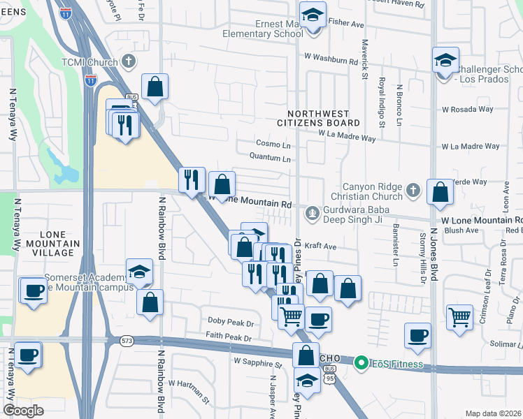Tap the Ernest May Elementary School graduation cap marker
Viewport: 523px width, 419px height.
[x=312, y=15]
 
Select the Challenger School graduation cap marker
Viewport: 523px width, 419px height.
[x=445, y=61]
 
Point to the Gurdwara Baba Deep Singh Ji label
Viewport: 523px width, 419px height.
[x=357, y=212]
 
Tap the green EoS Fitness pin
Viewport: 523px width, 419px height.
[x=361, y=363]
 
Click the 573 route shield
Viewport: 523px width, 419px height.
[x=127, y=341]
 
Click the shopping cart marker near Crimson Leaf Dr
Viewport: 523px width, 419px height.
[x=459, y=317]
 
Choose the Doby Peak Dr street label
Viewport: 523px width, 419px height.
[x=230, y=323]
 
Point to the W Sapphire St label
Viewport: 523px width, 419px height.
[x=257, y=363]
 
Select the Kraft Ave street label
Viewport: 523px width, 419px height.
[x=322, y=247]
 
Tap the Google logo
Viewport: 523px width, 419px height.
[x=24, y=411]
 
